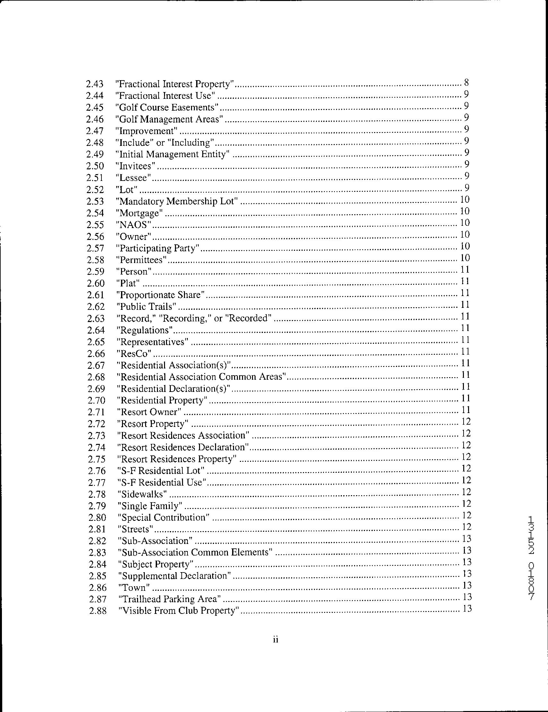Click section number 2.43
click(x=95, y=84)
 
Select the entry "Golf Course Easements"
click(x=167, y=107)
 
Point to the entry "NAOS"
click(x=134, y=225)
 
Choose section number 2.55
click(x=95, y=225)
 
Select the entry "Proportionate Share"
click(x=161, y=295)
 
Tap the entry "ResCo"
click(x=135, y=353)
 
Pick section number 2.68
click(x=96, y=377)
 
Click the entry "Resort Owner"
click(x=149, y=412)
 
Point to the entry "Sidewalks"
click(x=142, y=494)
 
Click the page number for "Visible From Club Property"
click(x=467, y=609)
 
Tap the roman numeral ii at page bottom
click(x=275, y=640)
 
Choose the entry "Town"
click(x=134, y=588)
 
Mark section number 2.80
click(x=97, y=518)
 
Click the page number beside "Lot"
click(x=466, y=188)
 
